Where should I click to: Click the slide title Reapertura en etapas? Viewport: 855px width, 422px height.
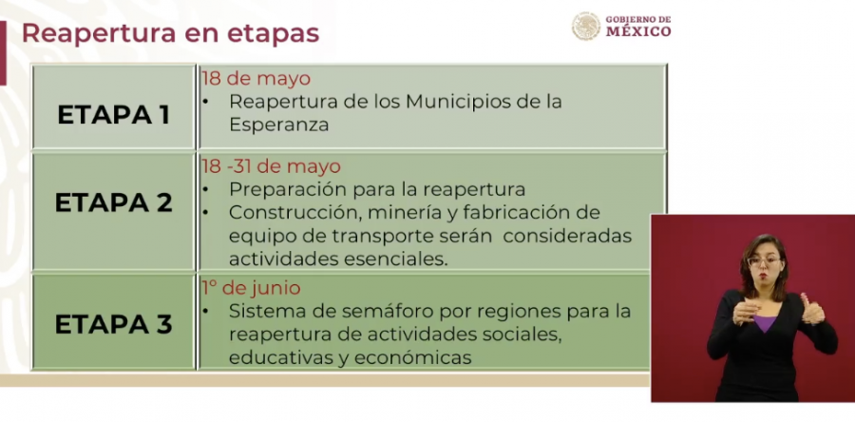(x=170, y=32)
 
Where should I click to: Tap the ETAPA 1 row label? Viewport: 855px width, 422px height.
(x=113, y=115)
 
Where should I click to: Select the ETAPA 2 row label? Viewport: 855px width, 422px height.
(x=113, y=202)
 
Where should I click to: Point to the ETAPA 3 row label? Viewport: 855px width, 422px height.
(x=113, y=324)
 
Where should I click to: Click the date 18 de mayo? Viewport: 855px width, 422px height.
(x=256, y=78)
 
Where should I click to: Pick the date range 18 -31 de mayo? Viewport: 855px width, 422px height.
(x=270, y=166)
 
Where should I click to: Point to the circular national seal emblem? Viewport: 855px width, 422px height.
(x=585, y=26)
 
